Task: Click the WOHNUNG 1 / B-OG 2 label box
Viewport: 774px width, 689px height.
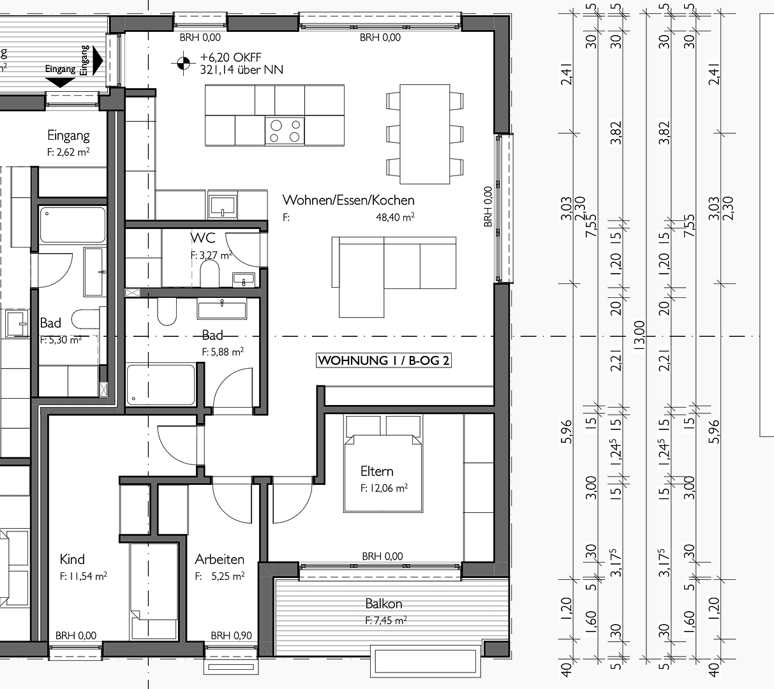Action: tap(383, 360)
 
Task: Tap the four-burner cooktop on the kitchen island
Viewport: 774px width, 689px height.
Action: tap(285, 131)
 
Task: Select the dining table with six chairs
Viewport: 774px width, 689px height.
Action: tap(424, 133)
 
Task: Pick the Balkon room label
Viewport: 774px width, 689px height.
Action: tap(383, 604)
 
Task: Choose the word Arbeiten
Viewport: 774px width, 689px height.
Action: tap(220, 559)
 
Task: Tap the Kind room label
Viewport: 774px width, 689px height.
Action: tap(72, 559)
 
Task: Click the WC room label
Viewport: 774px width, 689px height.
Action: tap(203, 239)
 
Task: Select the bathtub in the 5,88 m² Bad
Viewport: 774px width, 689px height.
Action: tap(161, 385)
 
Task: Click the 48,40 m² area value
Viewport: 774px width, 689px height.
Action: tap(395, 218)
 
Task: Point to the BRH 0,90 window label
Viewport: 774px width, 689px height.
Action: tap(231, 635)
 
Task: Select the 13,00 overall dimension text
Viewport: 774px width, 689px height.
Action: tap(640, 334)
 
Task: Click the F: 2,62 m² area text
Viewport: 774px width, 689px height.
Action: tap(68, 152)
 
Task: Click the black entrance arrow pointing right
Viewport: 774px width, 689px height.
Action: tap(97, 61)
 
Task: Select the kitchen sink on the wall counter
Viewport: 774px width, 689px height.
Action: tap(222, 205)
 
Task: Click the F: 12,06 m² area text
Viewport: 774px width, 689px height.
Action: tap(384, 488)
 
